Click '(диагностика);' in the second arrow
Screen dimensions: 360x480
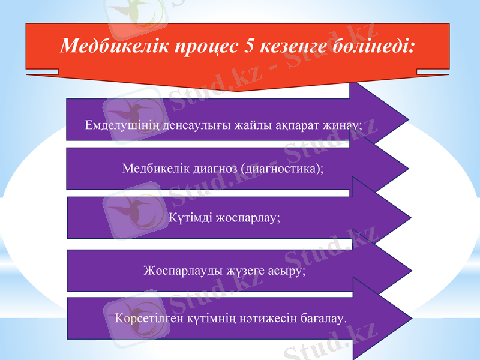pos(281,169)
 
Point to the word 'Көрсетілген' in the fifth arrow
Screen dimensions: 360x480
pos(143,317)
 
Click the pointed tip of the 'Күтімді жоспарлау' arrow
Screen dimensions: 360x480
pos(411,217)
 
